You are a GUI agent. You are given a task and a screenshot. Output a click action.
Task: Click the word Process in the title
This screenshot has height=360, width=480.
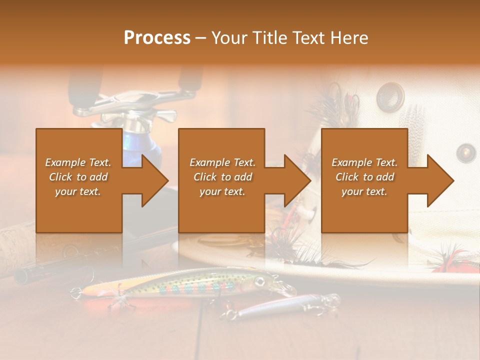tap(157, 37)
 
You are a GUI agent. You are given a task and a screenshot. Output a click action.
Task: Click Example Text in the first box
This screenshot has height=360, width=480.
tap(78, 162)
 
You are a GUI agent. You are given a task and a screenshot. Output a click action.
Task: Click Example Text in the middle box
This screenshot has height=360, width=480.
tap(222, 162)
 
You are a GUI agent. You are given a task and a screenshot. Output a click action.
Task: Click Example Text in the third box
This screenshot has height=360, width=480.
tap(364, 162)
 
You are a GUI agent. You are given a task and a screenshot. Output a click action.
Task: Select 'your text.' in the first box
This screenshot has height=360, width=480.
tap(78, 191)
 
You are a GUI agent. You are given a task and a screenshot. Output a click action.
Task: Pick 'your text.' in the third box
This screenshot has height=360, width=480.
tap(364, 191)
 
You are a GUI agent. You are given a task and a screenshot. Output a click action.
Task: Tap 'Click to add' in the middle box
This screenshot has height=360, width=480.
tap(222, 177)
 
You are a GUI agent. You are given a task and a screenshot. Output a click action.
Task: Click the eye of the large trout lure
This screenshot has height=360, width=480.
tap(259, 281)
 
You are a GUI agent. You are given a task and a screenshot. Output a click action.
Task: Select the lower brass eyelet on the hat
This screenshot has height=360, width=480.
tap(466, 152)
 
